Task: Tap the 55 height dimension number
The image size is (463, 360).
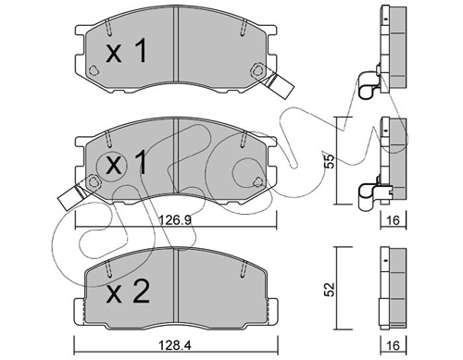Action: point(330,161)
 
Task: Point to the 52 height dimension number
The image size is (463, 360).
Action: point(330,290)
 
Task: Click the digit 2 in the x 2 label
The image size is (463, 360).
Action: point(141,292)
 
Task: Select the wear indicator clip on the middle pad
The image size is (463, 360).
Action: point(72,196)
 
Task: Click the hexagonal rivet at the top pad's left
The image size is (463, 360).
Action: point(94,70)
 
